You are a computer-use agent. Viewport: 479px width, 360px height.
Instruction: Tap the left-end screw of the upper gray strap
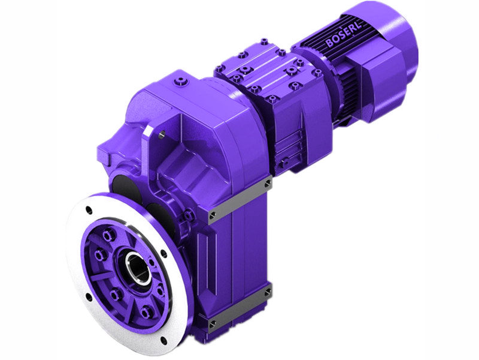(x=213, y=212)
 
